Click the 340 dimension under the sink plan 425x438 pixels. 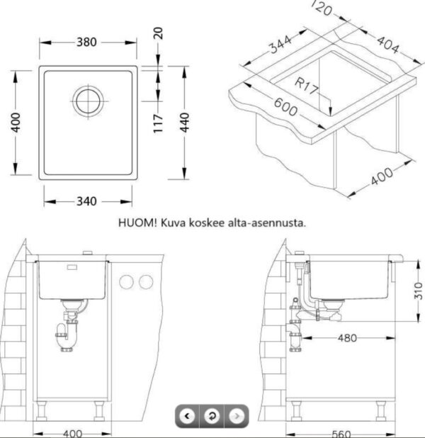(x=86, y=201)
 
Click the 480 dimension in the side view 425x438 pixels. (x=347, y=339)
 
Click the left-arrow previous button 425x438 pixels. (x=186, y=415)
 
